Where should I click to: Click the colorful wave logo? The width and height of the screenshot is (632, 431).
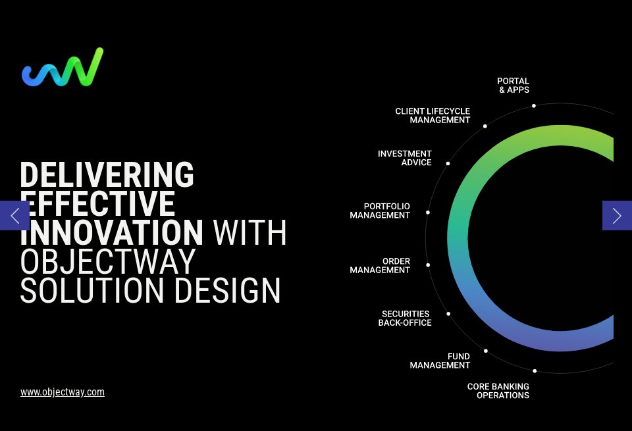pos(63,67)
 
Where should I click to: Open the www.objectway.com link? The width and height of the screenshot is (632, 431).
pos(63,392)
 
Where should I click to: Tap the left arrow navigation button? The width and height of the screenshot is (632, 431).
pos(14,216)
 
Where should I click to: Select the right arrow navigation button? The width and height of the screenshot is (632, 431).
pos(617,216)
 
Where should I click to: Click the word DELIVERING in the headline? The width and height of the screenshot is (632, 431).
pos(107,174)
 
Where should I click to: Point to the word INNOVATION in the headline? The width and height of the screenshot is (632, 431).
pos(112,232)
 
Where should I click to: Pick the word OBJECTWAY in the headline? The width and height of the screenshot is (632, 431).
pos(108,261)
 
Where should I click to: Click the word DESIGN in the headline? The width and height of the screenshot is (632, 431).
pos(227,290)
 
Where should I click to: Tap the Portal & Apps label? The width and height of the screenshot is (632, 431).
pos(513,86)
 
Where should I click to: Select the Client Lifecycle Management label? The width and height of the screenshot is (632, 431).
pos(433,116)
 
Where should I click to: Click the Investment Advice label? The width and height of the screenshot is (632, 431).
pos(405,158)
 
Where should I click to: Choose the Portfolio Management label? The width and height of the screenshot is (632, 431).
pos(380,211)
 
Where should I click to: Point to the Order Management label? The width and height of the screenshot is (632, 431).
pos(380,265)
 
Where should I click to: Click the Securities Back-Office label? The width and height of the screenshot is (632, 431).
pos(405,318)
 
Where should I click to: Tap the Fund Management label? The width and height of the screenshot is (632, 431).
pos(440,361)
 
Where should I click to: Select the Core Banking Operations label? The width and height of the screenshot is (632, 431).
pos(498,391)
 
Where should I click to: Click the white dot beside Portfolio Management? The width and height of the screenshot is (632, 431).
pos(428,213)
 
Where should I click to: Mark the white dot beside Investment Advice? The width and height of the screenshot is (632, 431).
pos(448,164)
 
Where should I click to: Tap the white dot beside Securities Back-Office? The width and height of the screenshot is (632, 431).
pos(448,313)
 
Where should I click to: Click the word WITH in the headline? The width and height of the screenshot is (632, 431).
pos(250,232)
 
